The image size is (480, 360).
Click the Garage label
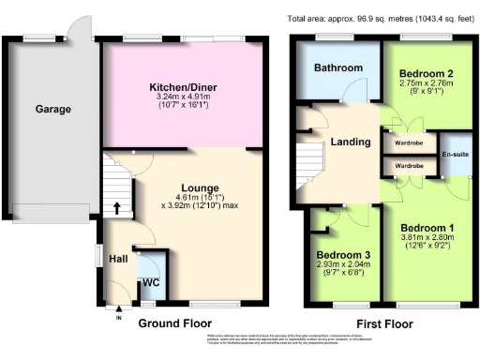53,110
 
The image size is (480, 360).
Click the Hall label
117,259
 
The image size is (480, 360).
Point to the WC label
150,282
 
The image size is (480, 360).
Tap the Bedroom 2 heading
427,72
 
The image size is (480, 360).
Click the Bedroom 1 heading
426,227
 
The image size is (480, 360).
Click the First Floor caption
380,323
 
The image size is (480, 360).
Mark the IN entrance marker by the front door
119,317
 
